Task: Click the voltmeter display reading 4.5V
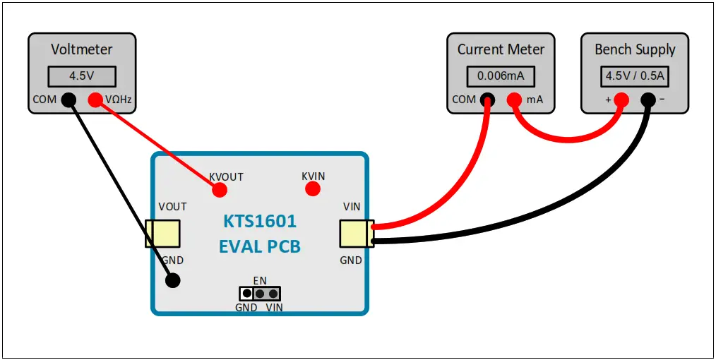81,75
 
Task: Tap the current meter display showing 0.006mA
501,76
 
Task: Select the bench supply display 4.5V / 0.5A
634,76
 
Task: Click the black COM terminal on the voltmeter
68,100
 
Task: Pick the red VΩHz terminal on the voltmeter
95,100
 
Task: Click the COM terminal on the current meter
487,100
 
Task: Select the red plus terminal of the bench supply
621,100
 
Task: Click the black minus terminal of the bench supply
648,100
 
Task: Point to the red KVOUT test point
220,189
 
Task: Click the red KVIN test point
313,188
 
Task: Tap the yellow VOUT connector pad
162,233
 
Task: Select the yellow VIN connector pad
357,233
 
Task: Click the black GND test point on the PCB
172,280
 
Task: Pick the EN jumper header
259,293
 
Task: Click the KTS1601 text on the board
260,222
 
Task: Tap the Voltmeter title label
81,49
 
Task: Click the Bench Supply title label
634,49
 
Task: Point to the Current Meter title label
501,49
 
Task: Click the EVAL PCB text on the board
260,246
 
